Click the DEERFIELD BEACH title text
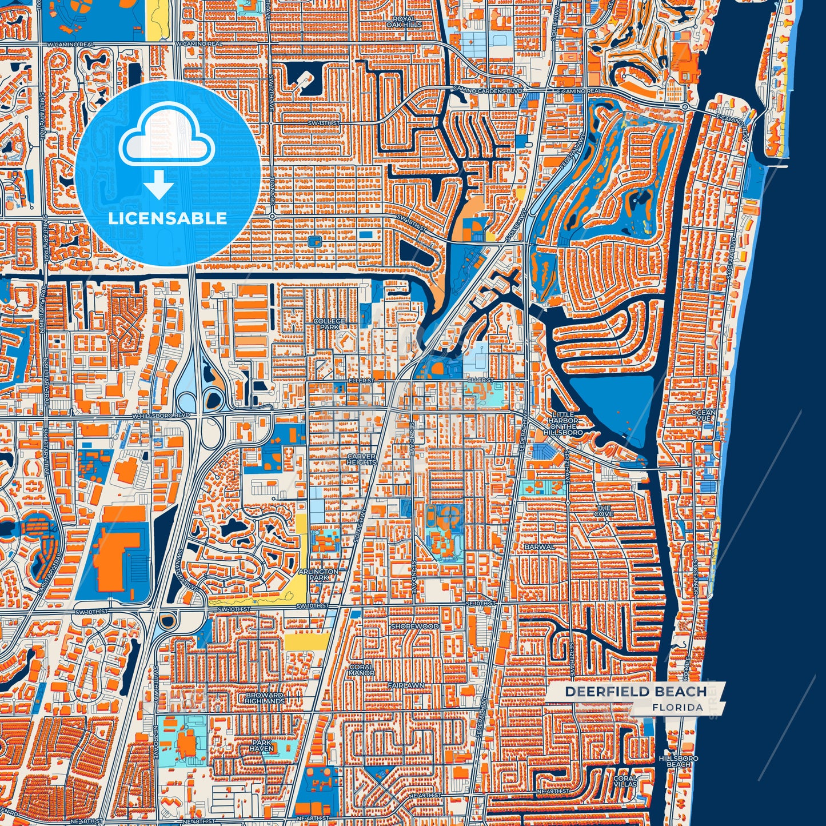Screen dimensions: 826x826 636,692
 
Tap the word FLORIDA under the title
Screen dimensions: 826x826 677,708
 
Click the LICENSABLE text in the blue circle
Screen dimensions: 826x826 167,218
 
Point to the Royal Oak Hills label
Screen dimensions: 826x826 404,22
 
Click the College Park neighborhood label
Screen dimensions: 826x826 329,324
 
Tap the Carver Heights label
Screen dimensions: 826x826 361,460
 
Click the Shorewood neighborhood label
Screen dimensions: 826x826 415,627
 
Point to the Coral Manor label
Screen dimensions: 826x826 361,670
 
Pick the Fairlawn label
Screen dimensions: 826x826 406,685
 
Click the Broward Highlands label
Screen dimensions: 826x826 265,698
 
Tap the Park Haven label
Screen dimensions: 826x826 261,745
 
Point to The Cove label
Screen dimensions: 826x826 604,511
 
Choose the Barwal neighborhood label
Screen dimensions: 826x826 539,547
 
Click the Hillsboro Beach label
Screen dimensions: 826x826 679,761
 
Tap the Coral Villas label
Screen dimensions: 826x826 625,781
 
